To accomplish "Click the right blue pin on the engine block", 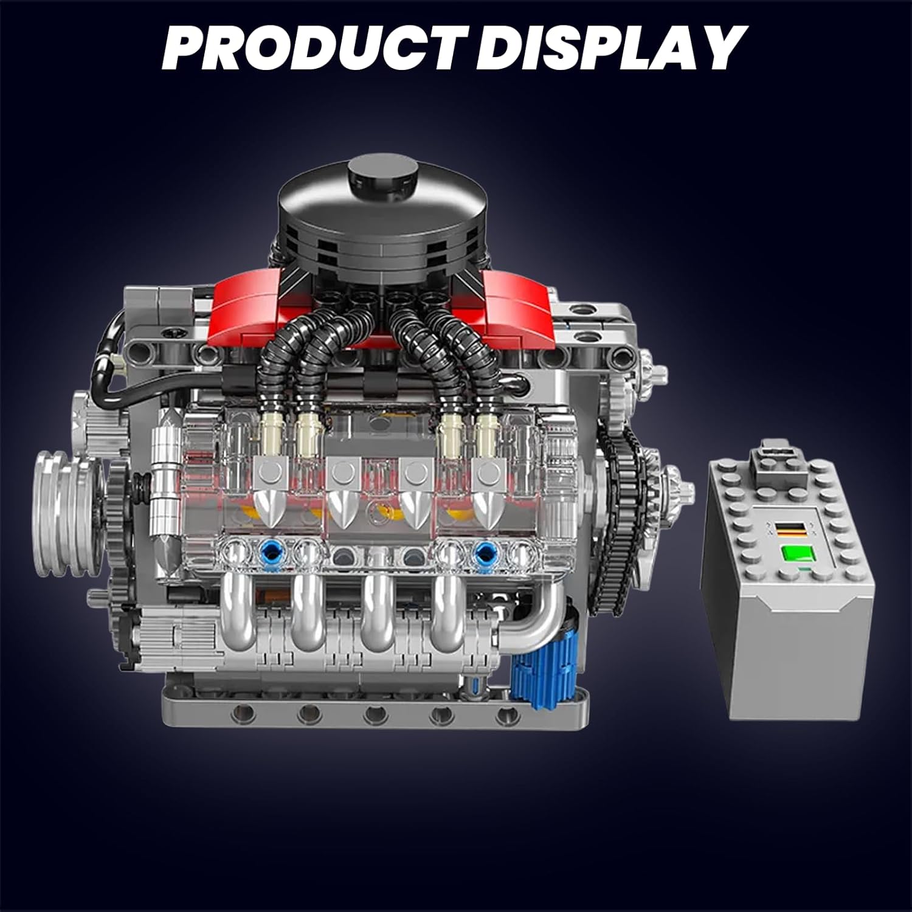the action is point(485,552).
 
